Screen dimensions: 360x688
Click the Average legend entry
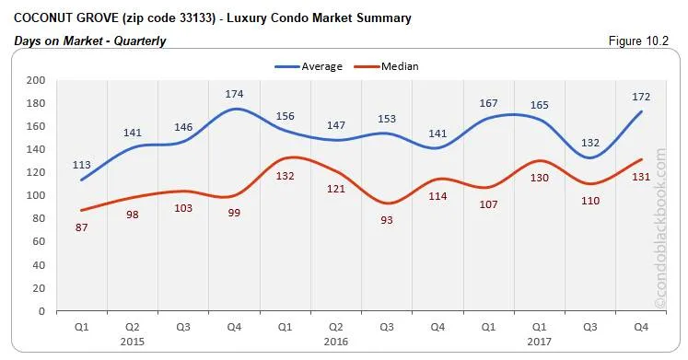tap(309, 66)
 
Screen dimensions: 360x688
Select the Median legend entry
tap(385, 66)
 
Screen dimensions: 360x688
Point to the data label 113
tap(82, 165)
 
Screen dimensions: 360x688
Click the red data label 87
tap(82, 226)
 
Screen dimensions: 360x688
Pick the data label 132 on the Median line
tap(286, 176)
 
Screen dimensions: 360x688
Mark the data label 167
tap(490, 103)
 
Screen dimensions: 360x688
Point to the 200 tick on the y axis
tap(37, 80)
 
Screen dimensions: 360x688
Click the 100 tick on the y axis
tap(37, 195)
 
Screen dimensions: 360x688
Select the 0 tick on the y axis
tap(42, 310)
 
